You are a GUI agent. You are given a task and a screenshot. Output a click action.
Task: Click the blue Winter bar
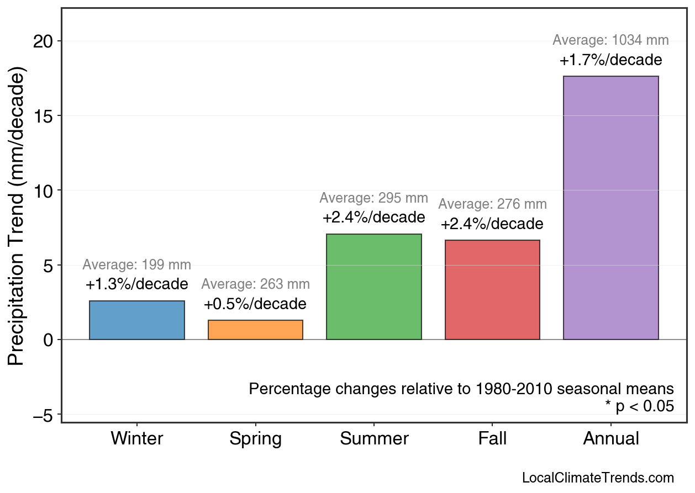tap(137, 320)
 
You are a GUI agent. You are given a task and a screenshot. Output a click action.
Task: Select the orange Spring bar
tap(255, 330)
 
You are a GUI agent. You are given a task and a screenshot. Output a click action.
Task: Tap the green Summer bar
tap(374, 287)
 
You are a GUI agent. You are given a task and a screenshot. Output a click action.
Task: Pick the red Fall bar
tap(492, 290)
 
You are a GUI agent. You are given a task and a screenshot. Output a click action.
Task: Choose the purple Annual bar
tap(610, 208)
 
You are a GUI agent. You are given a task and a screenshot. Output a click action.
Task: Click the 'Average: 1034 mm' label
tap(610, 40)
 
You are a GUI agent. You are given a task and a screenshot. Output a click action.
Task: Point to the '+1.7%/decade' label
tap(610, 60)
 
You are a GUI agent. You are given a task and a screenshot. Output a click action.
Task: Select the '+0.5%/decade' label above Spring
tap(255, 304)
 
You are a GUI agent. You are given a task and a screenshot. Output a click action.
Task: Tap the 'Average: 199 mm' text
tap(137, 265)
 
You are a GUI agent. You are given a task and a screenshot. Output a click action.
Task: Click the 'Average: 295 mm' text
tap(374, 198)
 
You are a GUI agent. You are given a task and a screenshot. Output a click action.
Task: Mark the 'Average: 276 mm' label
tap(492, 204)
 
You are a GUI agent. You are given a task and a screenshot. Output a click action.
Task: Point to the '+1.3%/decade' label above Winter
tap(137, 285)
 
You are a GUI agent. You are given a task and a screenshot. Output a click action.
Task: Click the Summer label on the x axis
tap(374, 439)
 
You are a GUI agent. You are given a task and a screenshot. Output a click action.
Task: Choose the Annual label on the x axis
tap(610, 439)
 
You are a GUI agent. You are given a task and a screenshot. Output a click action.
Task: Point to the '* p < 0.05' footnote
tap(639, 406)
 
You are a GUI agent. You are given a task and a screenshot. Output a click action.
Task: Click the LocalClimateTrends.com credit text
tap(598, 478)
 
